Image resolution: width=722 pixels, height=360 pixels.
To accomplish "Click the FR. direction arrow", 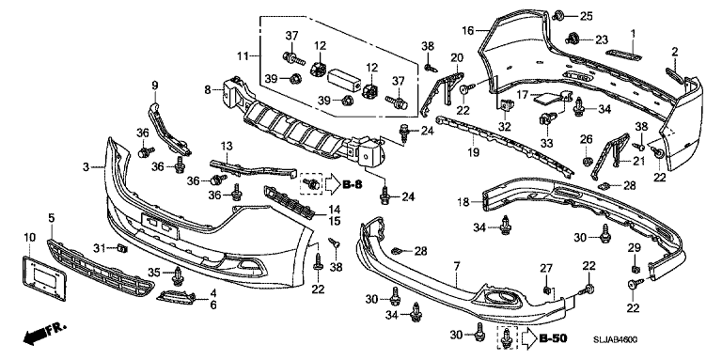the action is point(45,334).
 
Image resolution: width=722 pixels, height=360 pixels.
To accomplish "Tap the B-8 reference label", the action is point(353,184).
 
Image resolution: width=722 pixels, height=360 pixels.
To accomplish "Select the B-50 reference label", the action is point(553,338).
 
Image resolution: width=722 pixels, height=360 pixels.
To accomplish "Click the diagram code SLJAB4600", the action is point(615,339).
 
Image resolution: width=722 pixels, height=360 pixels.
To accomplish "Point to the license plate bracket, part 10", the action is point(44,279).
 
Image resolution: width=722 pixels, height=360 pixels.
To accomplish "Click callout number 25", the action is point(586,17).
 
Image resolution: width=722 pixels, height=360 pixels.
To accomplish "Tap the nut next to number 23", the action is point(573,38).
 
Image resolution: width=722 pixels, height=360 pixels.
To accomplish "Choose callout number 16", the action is point(468,31).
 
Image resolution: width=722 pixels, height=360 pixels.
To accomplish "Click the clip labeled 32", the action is point(505,106).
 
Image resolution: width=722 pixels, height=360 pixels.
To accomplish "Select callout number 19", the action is point(473,152).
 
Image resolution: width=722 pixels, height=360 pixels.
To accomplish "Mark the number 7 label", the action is point(456,266).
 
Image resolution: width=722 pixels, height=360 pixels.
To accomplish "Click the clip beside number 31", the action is point(122,249).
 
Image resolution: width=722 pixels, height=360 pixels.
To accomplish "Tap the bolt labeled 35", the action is point(178,274).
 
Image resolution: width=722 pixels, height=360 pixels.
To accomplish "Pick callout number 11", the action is point(243,56).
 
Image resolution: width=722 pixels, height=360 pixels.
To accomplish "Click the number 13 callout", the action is point(227,147).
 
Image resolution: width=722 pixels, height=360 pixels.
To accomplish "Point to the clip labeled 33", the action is point(546,120).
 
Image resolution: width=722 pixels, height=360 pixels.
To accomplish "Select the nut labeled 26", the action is point(587,162).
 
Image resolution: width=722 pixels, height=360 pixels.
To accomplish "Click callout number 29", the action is point(635,247).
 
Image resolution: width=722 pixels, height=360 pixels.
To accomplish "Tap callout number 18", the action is point(463,202).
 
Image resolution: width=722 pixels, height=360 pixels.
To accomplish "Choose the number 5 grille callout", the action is point(51,217).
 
